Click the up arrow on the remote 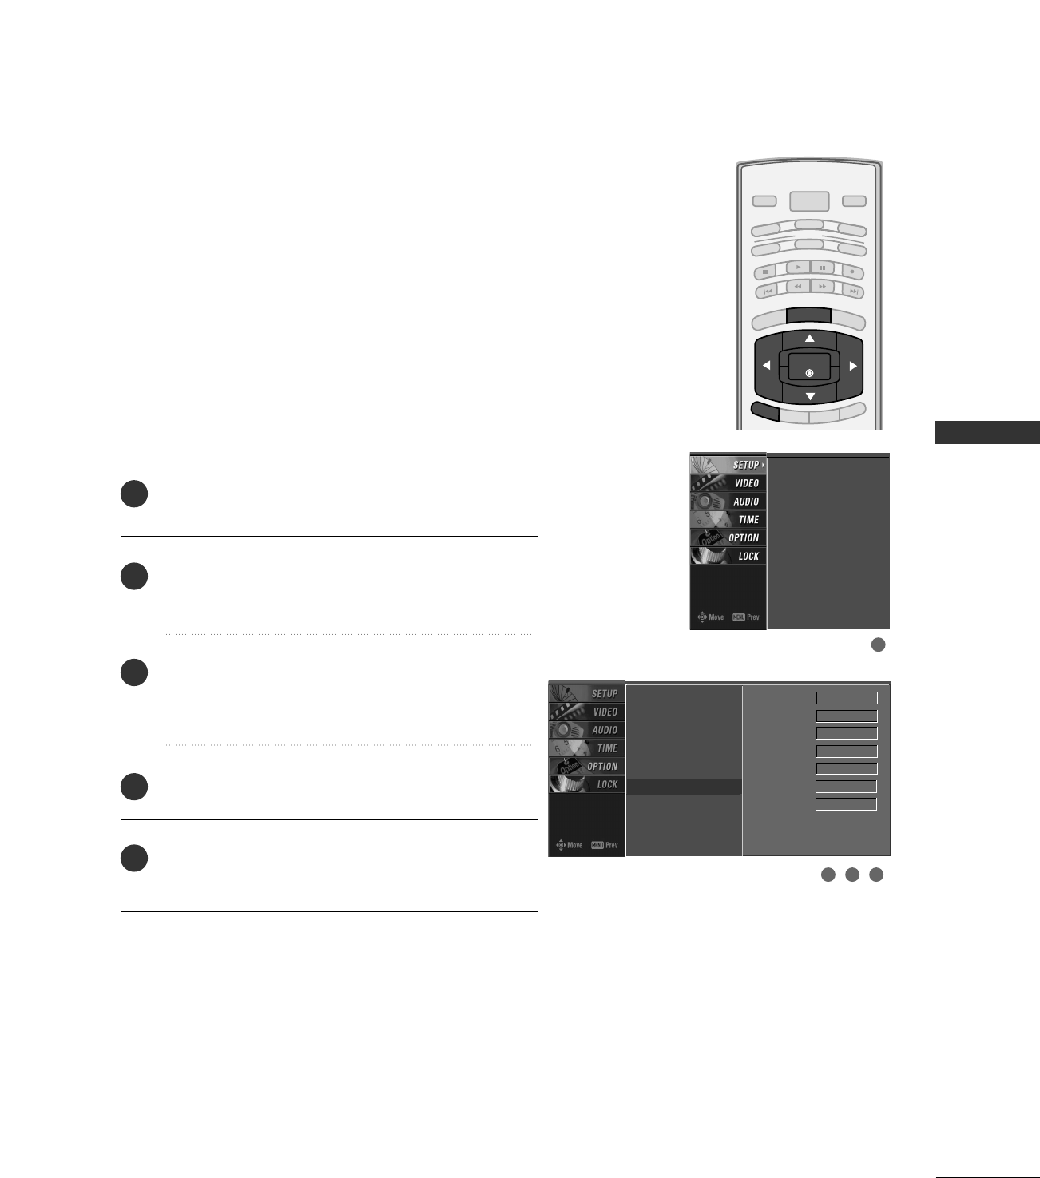click(810, 339)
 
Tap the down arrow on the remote click(810, 396)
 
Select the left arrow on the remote click(766, 366)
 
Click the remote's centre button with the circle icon click(809, 372)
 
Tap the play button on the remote click(798, 268)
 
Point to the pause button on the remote click(822, 268)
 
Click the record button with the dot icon click(852, 272)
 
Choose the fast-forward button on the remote click(822, 286)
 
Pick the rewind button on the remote click(798, 286)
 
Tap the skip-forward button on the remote click(853, 292)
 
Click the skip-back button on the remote click(767, 292)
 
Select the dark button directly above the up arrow click(809, 315)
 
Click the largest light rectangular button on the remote click(809, 201)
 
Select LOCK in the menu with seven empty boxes click(607, 784)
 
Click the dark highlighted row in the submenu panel click(684, 787)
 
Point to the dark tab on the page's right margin click(987, 432)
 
